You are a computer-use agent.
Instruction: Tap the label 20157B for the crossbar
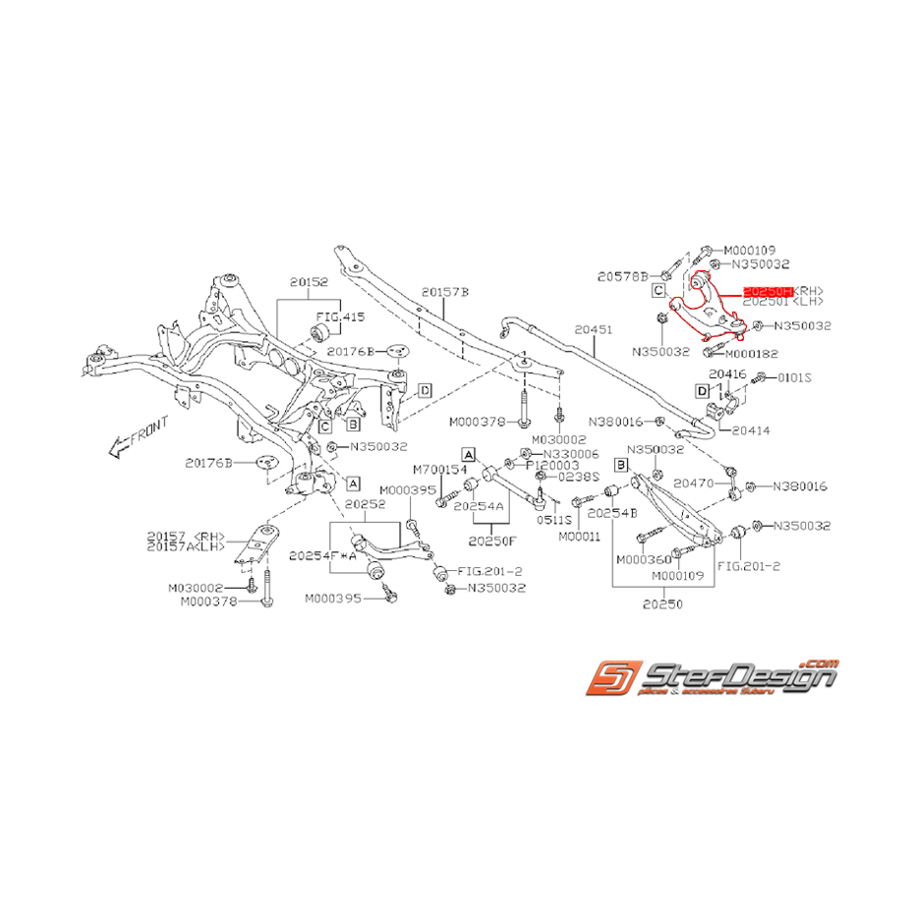[x=445, y=292]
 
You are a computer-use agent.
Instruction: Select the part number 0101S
[x=796, y=376]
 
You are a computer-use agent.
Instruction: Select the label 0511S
[x=553, y=519]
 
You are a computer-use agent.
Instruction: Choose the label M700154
[x=437, y=469]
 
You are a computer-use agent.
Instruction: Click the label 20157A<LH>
[x=186, y=545]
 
